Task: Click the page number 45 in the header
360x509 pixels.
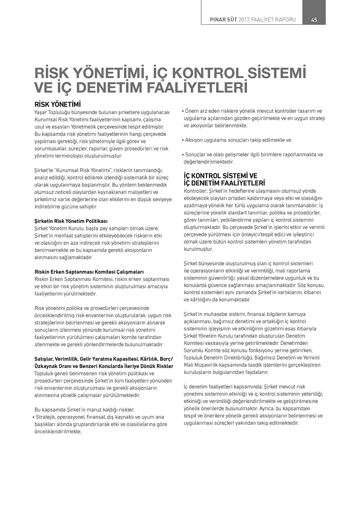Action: pyautogui.click(x=314, y=20)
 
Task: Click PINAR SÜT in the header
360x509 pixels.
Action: pyautogui.click(x=224, y=20)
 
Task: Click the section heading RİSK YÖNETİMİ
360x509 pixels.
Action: pyautogui.click(x=57, y=105)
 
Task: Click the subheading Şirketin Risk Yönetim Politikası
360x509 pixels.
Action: pyautogui.click(x=71, y=221)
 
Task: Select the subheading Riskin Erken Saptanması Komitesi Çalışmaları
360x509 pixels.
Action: pyautogui.click(x=89, y=272)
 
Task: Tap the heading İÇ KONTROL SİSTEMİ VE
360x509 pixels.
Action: pyautogui.click(x=220, y=176)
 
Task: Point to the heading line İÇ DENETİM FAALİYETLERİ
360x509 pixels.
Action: pyautogui.click(x=224, y=183)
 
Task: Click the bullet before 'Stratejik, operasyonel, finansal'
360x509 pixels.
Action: pyautogui.click(x=33, y=417)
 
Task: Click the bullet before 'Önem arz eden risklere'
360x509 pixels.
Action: pyautogui.click(x=183, y=111)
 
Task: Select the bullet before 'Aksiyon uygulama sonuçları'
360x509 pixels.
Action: pyautogui.click(x=183, y=140)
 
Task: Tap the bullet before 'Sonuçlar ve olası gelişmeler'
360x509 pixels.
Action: pyautogui.click(x=183, y=155)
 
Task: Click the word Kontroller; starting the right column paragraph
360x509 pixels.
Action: pyautogui.click(x=195, y=191)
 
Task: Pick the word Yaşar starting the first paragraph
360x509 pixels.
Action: pyautogui.click(x=41, y=112)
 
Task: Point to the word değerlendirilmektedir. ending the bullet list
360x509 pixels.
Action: pyautogui.click(x=208, y=162)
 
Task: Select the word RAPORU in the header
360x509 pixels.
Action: pyautogui.click(x=285, y=20)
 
